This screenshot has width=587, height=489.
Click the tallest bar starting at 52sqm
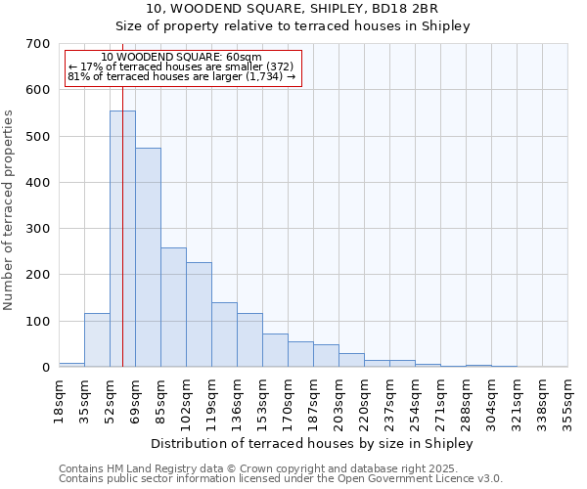pyautogui.click(x=122, y=239)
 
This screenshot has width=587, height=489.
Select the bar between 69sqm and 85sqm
pyautogui.click(x=148, y=257)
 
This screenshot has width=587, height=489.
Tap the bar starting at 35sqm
pyautogui.click(x=97, y=340)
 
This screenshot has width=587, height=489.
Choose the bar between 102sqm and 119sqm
pyautogui.click(x=199, y=314)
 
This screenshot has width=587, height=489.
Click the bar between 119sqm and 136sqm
pyautogui.click(x=224, y=334)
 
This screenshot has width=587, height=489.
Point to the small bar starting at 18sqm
pyautogui.click(x=71, y=365)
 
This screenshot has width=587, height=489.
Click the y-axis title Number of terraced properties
pyautogui.click(x=9, y=210)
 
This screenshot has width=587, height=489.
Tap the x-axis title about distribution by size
pyautogui.click(x=313, y=443)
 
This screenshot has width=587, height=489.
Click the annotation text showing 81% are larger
pyautogui.click(x=181, y=75)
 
